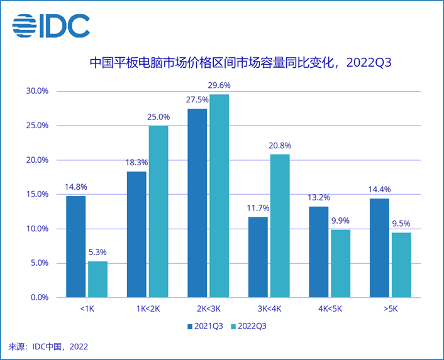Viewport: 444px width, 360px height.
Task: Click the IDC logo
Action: tap(51, 26)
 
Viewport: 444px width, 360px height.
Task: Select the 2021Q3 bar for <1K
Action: tap(76, 246)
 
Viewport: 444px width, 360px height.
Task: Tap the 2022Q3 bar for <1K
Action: tap(97, 279)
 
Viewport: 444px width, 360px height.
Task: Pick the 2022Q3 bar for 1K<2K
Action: tap(158, 211)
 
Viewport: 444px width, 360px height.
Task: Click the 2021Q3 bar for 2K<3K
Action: tap(197, 203)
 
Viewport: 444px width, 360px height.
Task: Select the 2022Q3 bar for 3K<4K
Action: tap(280, 226)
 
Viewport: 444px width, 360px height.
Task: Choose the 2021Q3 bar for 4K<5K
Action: tap(319, 252)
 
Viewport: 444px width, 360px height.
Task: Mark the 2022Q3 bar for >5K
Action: tap(401, 265)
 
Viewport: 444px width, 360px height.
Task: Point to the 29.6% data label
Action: tap(219, 85)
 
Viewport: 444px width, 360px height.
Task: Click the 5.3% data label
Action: tap(97, 252)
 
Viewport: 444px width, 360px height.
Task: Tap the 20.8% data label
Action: tap(280, 145)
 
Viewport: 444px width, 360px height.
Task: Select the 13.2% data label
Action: tap(319, 197)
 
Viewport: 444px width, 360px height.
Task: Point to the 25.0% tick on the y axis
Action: tap(36, 126)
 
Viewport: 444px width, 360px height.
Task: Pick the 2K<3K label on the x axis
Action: tap(208, 309)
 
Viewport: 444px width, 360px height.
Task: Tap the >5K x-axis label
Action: tap(391, 309)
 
